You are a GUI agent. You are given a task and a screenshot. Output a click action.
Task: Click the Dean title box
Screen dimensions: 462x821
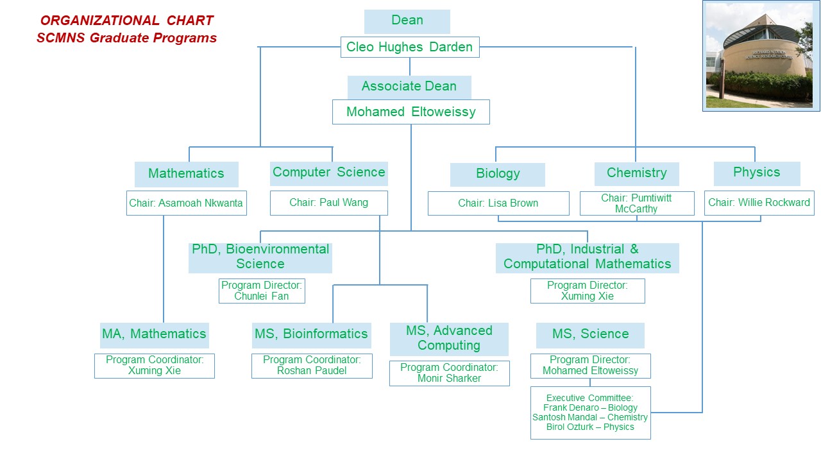tap(407, 21)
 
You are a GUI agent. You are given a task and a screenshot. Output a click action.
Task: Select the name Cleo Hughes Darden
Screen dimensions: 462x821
tap(410, 47)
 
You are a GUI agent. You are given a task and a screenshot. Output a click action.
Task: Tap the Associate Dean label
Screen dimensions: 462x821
tap(409, 87)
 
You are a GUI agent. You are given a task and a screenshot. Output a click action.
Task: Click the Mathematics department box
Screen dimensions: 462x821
tap(186, 174)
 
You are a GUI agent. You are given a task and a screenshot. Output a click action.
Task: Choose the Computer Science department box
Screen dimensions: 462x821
tap(329, 173)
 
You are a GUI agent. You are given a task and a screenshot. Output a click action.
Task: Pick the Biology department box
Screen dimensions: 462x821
tap(498, 174)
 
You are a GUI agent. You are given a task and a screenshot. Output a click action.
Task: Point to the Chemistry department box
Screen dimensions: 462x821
tap(636, 173)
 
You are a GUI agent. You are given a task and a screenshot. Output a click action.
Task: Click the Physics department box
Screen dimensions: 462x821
tap(757, 173)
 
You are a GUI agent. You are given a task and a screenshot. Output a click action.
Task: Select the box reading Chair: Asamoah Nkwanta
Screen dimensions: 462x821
tap(186, 203)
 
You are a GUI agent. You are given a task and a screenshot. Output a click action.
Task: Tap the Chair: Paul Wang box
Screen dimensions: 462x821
tap(329, 203)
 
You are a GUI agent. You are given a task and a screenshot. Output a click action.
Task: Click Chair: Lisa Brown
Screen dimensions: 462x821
tap(498, 203)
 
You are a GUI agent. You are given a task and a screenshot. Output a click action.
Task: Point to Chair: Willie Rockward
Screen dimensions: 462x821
tap(759, 203)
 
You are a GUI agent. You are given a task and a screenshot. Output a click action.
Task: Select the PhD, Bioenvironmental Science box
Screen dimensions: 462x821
tap(260, 257)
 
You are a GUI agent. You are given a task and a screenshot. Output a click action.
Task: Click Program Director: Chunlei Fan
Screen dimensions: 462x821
tap(262, 291)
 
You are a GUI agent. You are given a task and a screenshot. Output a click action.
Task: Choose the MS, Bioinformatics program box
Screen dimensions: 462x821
tap(311, 334)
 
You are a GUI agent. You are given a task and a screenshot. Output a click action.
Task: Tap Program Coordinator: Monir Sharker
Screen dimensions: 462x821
tap(449, 373)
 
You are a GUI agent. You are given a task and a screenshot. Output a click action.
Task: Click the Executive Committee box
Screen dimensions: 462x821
tap(590, 413)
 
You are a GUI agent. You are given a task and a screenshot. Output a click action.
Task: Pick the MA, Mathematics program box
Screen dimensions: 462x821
tap(154, 334)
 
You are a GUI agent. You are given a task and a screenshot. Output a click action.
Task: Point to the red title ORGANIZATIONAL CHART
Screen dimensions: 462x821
tap(127, 21)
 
